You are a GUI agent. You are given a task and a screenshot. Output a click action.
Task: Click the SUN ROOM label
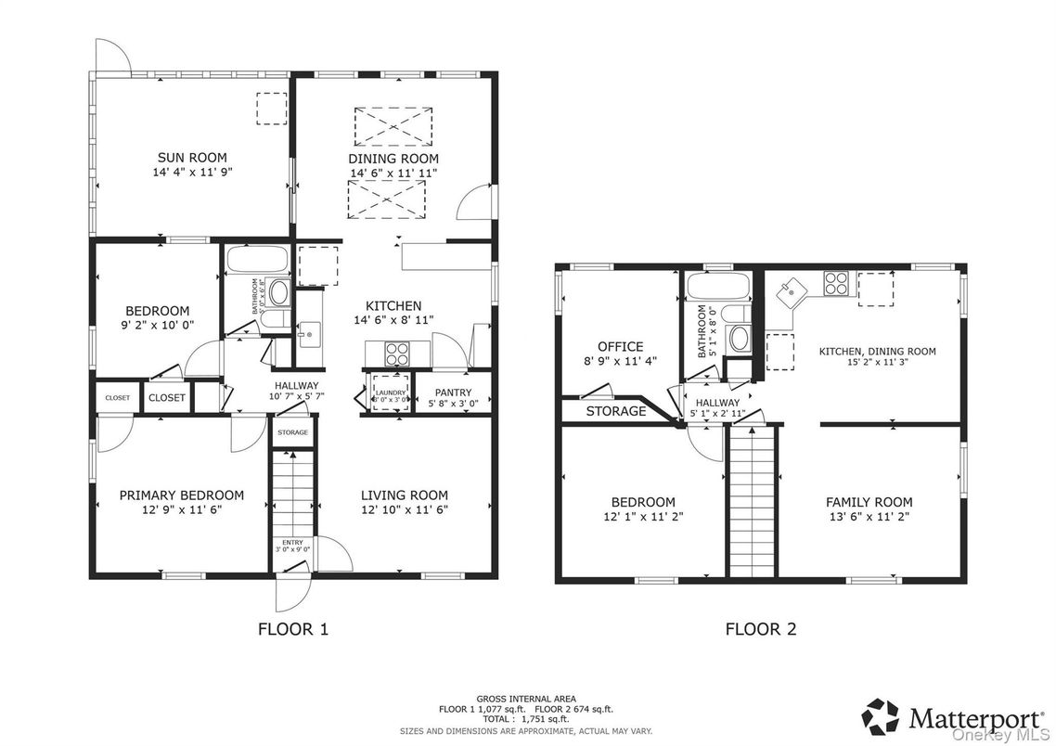[x=192, y=158]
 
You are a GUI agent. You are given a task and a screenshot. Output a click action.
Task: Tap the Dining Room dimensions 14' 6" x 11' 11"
[x=393, y=173]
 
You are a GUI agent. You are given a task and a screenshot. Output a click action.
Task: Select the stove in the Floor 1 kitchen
[x=396, y=353]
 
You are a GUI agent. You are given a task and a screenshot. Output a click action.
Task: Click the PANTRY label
[x=450, y=392]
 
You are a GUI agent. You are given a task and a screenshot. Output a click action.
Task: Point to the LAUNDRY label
[x=390, y=392]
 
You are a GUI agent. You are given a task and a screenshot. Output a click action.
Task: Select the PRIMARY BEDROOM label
[x=182, y=495]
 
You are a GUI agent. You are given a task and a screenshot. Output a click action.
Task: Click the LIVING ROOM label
[x=404, y=495]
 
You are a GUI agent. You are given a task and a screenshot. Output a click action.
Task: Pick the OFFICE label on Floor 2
[x=620, y=347]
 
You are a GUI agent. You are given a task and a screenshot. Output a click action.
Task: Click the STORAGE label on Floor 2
[x=616, y=411]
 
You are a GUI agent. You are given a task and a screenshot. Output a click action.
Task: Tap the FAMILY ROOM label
[x=869, y=502]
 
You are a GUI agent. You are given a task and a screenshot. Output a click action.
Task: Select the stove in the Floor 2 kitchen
[x=836, y=283]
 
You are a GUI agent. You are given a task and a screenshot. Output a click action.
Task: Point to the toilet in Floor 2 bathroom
[x=740, y=339]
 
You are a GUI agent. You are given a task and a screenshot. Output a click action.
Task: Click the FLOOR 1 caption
[x=292, y=629]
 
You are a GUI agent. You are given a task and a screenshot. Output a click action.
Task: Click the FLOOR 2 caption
[x=760, y=629]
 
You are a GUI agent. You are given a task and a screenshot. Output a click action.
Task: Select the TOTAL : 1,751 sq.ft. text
[x=526, y=719]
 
